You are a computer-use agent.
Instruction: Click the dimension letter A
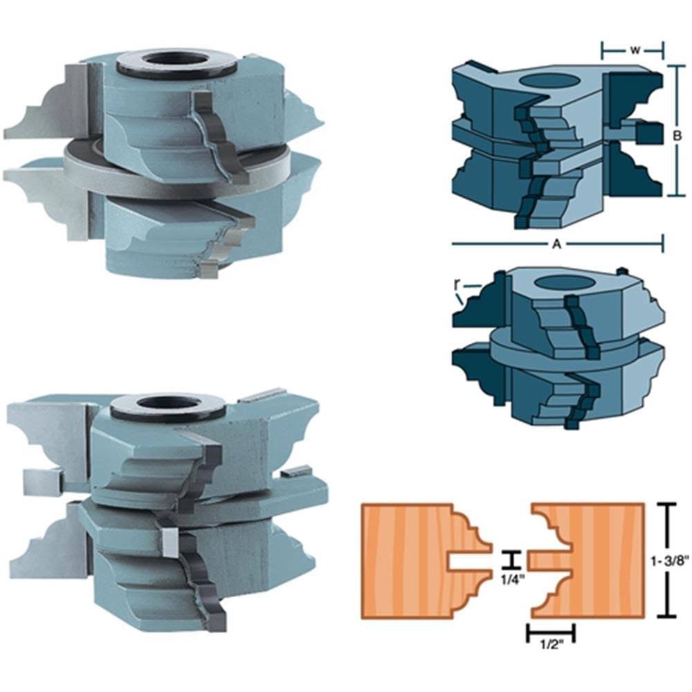click(x=557, y=244)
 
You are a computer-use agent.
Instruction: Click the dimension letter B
click(x=677, y=136)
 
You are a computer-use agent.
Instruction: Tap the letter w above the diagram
click(x=634, y=50)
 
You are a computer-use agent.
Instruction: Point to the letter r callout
click(x=456, y=284)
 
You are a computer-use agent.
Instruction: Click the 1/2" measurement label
click(x=552, y=645)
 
